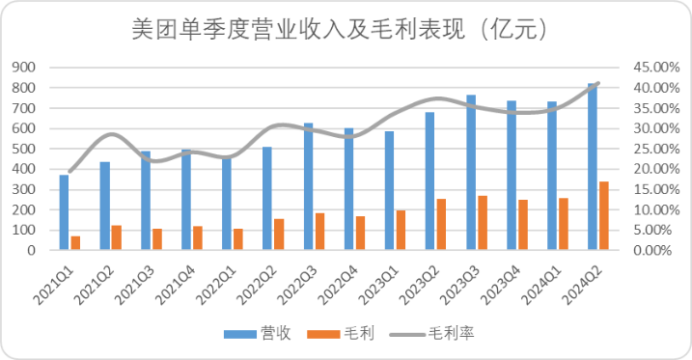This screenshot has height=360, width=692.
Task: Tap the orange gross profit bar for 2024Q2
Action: pos(604,215)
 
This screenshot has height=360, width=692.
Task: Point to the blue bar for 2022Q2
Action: pos(267,198)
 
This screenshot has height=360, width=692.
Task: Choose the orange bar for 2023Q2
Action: pos(441,224)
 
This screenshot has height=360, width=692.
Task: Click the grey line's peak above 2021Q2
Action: pos(111,134)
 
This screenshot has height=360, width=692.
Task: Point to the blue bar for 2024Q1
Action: pos(552,176)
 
